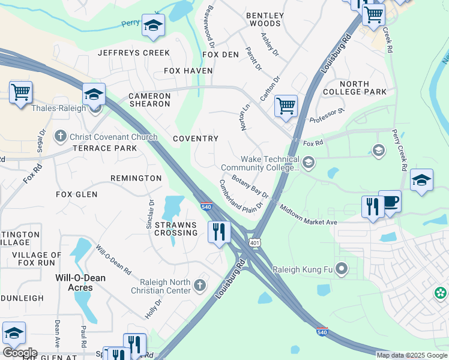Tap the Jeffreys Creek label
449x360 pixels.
coord(126,53)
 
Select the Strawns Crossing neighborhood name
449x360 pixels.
coord(176,229)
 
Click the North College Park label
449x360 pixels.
coord(363,88)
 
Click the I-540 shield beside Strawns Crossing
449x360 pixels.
coord(206,206)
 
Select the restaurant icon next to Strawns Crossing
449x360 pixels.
coord(218,231)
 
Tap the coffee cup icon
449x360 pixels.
coord(390,202)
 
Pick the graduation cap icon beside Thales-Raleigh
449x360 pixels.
coord(94,94)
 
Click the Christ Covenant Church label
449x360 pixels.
coord(113,137)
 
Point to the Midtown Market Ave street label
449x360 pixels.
coord(308,214)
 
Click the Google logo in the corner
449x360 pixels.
coord(19,353)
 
